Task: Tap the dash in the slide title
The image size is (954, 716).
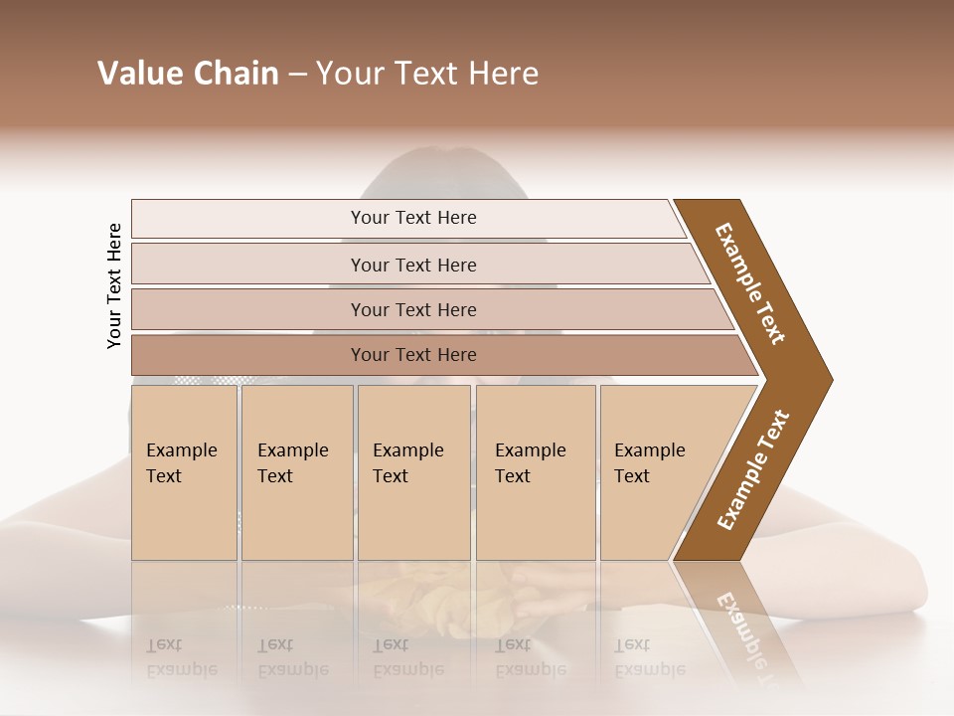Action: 297,75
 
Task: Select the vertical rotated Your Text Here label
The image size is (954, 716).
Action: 114,285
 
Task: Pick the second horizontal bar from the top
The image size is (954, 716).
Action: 412,265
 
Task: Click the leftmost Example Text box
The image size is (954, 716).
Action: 184,472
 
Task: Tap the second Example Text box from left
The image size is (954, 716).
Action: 297,472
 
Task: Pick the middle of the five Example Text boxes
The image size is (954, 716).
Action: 413,472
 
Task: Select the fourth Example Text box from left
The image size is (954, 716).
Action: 536,472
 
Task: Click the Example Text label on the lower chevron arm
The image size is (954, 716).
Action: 753,470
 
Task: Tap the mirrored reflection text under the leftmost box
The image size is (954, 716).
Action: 182,656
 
